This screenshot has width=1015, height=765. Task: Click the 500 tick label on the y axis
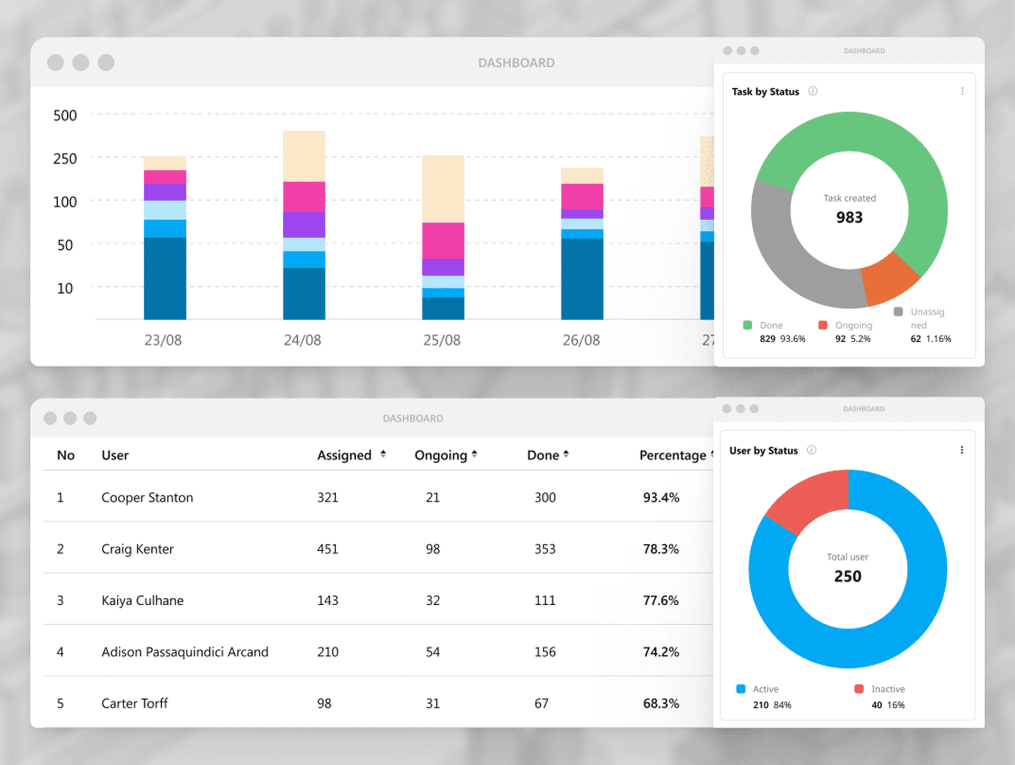(65, 115)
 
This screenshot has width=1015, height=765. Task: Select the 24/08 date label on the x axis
(302, 340)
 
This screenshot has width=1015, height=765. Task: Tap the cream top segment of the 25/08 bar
(443, 188)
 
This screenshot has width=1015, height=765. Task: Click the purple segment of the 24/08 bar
(304, 224)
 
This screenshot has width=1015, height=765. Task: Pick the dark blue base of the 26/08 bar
(582, 278)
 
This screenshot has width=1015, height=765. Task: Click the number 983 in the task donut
(849, 217)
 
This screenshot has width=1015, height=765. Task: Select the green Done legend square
(748, 325)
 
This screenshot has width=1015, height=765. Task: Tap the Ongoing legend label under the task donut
(853, 325)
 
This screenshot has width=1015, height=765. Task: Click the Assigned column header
(344, 455)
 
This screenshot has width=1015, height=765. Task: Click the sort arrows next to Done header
(566, 454)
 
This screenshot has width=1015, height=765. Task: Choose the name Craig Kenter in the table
(137, 549)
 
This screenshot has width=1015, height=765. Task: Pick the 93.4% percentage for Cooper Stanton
(661, 497)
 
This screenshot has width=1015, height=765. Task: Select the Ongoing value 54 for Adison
(432, 652)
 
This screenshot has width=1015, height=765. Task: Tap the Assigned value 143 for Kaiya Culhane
(328, 600)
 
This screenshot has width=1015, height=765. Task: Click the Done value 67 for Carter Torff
(541, 703)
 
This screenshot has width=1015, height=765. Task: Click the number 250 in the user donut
(847, 576)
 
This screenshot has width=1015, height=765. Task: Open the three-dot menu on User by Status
(962, 450)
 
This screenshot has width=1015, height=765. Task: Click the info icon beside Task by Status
(813, 91)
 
